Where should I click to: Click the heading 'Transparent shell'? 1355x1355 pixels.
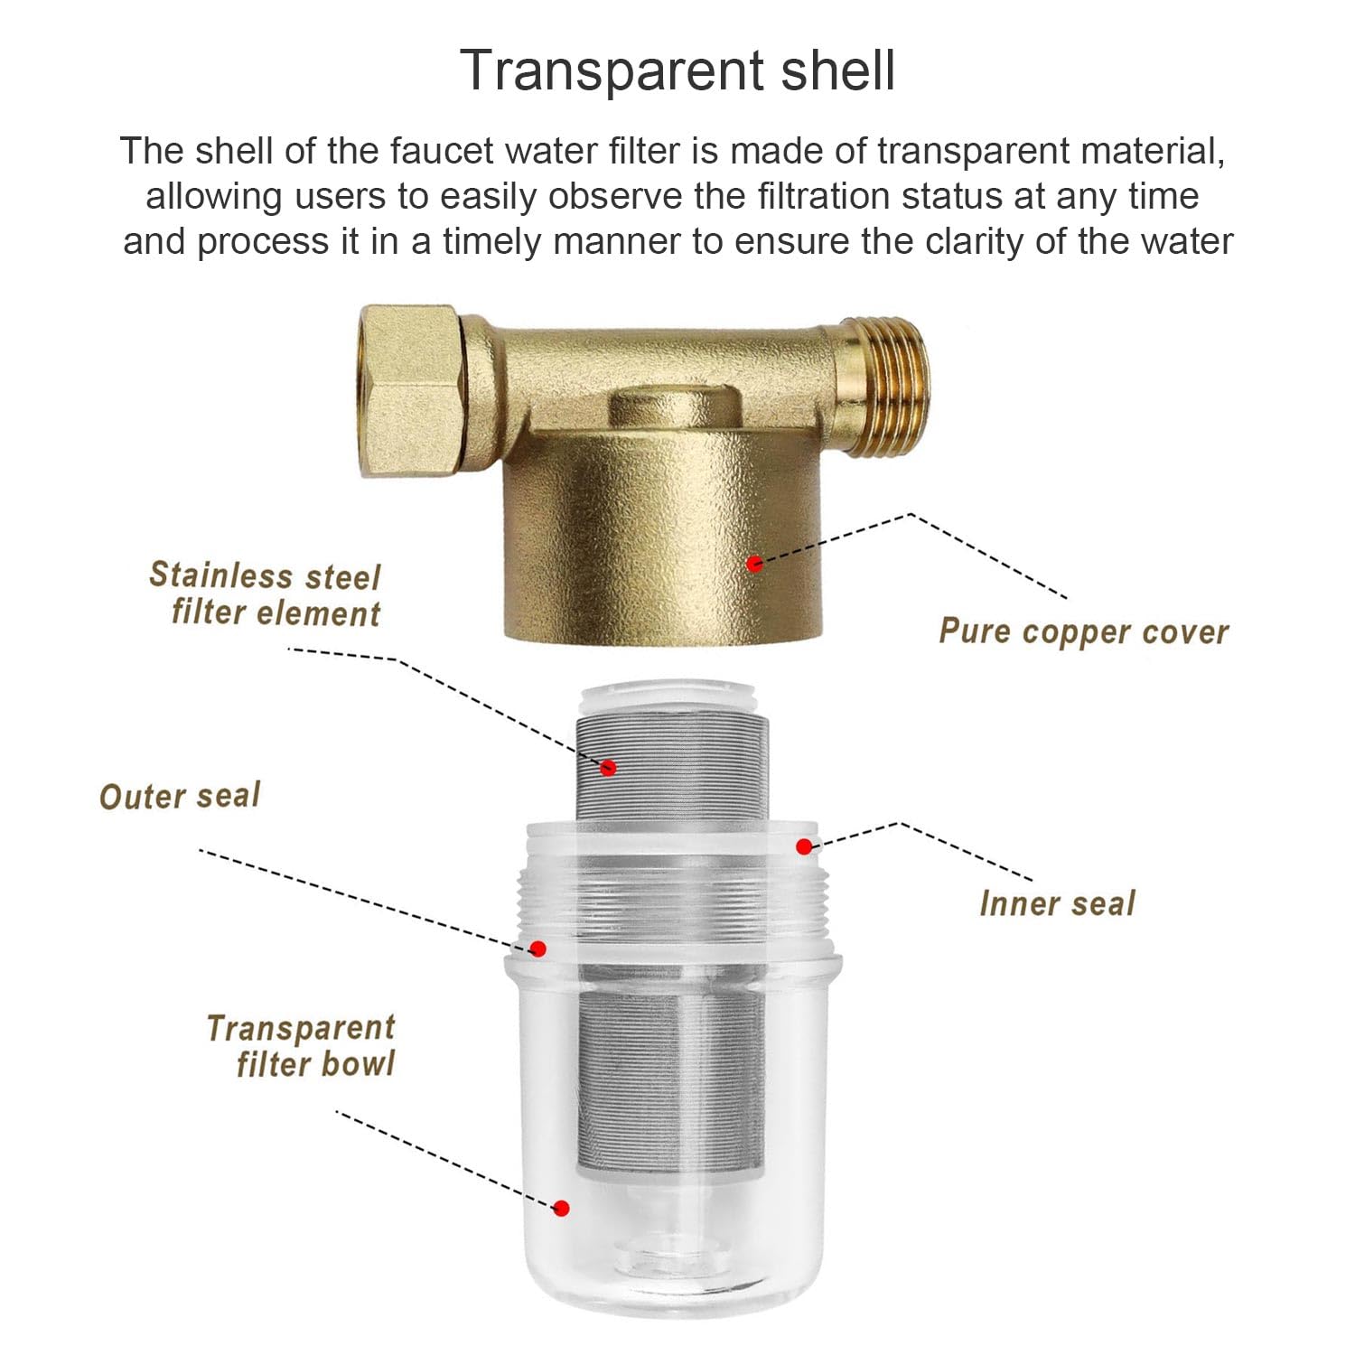677,70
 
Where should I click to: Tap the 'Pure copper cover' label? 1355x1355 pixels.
1084,631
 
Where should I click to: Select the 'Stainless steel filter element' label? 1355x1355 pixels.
265,594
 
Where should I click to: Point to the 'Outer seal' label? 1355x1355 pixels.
180,796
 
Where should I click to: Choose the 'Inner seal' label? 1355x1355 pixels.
1057,903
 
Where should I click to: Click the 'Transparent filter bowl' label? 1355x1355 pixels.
301,1045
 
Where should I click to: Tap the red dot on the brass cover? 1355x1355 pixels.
755,564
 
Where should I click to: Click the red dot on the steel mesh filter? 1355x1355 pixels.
608,768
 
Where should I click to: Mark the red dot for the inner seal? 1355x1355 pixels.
804,846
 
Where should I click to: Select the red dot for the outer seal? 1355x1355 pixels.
537,948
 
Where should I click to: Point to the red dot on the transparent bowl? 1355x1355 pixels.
561,1209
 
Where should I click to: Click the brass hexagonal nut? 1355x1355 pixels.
412,390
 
